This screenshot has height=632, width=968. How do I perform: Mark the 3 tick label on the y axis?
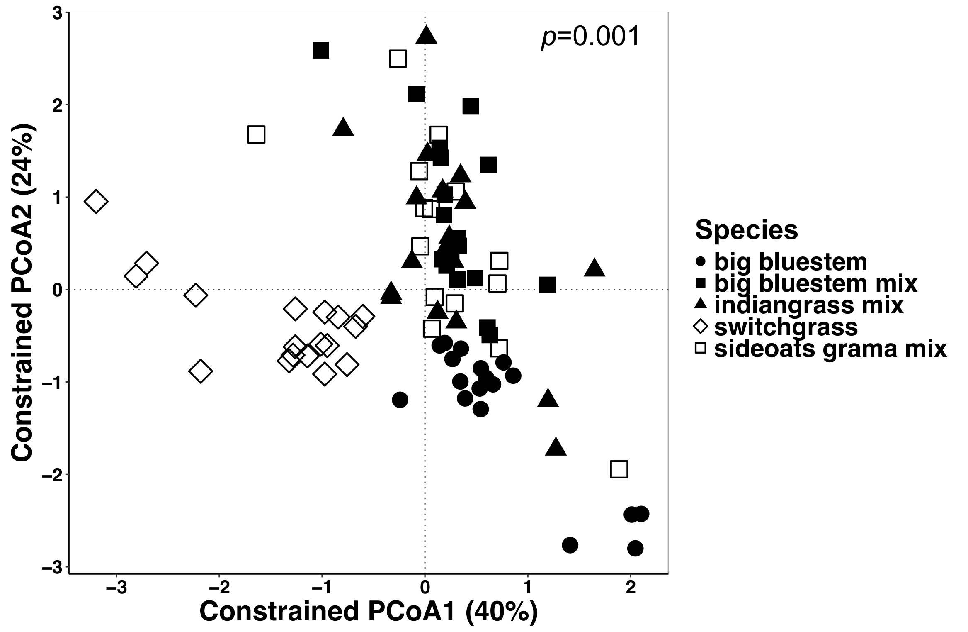coord(57,13)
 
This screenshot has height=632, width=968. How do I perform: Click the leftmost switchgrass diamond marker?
coord(96,202)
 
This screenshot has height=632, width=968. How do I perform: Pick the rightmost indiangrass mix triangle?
coord(594,268)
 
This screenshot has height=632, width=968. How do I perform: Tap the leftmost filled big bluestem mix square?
coord(321,50)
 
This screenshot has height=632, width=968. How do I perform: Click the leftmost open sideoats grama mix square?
coord(256,135)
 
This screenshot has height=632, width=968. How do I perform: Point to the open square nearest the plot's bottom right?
coord(619,469)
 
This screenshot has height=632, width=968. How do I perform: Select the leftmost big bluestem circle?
coord(400,400)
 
